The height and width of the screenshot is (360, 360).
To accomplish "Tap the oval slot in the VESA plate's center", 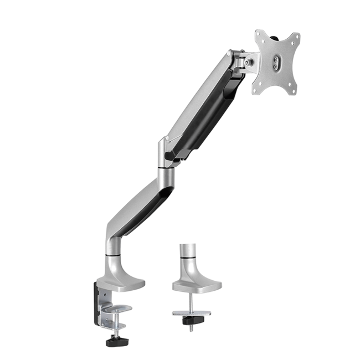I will tap(277, 62).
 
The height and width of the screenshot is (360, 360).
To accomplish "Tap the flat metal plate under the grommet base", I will tap(191, 313).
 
